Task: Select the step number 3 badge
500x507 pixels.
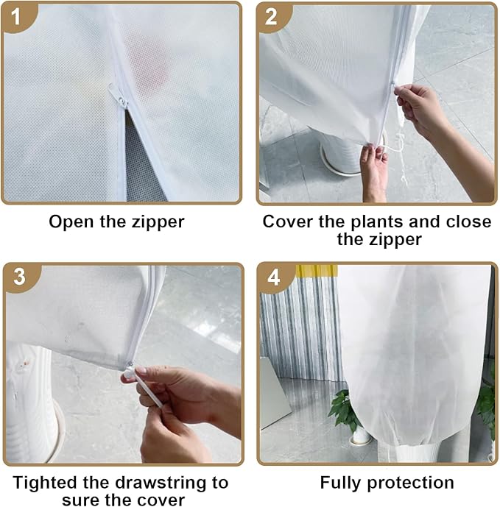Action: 18,277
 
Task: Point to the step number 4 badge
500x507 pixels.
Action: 273,278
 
